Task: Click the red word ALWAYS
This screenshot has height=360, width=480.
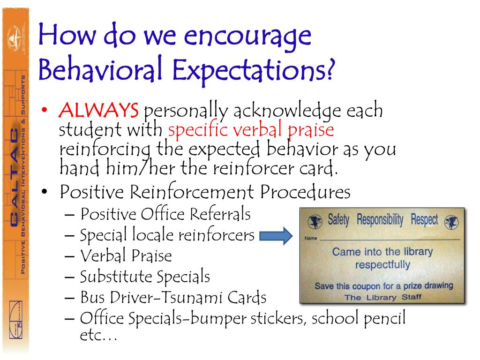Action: pyautogui.click(x=99, y=111)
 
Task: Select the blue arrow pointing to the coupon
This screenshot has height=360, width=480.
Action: pyautogui.click(x=275, y=236)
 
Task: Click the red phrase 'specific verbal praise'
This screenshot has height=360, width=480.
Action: pyautogui.click(x=251, y=129)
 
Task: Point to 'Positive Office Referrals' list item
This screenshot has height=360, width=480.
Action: pyautogui.click(x=165, y=214)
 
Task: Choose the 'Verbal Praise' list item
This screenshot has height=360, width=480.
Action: pyautogui.click(x=126, y=256)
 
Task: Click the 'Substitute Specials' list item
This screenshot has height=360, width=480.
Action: pyautogui.click(x=145, y=277)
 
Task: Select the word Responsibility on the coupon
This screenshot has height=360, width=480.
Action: pyautogui.click(x=381, y=219)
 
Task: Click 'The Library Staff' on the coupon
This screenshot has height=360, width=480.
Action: pyautogui.click(x=383, y=297)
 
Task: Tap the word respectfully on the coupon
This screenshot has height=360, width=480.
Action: pyautogui.click(x=382, y=264)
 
